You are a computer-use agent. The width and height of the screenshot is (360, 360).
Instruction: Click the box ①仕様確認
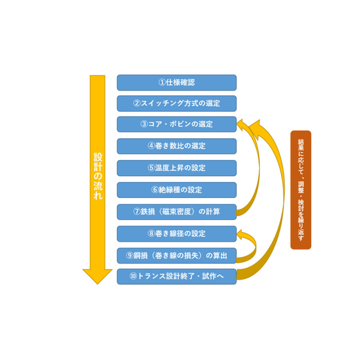point(177,82)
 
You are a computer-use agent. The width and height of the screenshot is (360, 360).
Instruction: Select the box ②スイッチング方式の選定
point(177,104)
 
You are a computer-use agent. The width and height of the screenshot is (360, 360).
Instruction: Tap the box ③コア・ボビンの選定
point(177,124)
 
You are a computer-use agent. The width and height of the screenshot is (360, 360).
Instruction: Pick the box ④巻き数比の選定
point(177,146)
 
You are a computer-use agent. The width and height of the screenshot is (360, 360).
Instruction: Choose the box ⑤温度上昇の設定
point(177,168)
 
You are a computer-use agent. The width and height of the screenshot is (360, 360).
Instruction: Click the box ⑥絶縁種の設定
point(177,190)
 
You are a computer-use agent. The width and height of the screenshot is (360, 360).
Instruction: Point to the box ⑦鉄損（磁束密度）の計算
point(177,212)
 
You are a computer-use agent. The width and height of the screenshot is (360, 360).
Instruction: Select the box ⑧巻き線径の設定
point(177,234)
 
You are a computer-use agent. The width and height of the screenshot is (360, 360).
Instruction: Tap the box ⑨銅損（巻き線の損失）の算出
point(177,256)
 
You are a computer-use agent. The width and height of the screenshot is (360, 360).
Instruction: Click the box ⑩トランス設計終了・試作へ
point(177,276)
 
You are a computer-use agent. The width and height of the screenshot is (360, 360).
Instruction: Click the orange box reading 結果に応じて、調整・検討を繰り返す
point(301,190)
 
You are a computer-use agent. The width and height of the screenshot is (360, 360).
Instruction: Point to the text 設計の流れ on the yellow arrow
point(98,176)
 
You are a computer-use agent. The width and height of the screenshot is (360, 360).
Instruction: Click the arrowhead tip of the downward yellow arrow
point(97,284)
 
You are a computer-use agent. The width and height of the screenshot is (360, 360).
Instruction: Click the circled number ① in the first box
point(162,82)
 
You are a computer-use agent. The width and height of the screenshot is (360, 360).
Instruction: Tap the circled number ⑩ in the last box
point(133,276)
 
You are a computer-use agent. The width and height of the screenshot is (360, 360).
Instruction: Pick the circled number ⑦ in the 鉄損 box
point(137,212)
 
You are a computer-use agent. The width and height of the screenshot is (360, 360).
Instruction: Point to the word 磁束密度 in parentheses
point(177,212)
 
